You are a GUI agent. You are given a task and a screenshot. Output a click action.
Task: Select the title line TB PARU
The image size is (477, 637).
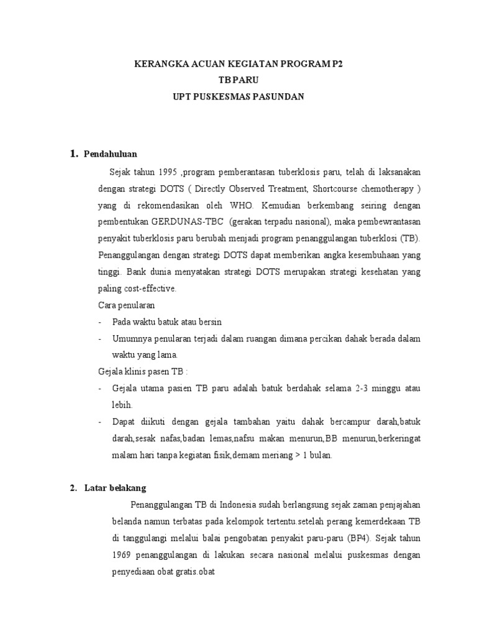[238, 81]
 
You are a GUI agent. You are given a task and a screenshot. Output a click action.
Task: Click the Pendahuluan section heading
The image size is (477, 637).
[111, 154]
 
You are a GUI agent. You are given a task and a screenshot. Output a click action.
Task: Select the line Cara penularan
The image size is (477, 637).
[127, 305]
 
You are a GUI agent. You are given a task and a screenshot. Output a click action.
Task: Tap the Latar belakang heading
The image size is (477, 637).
[116, 488]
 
